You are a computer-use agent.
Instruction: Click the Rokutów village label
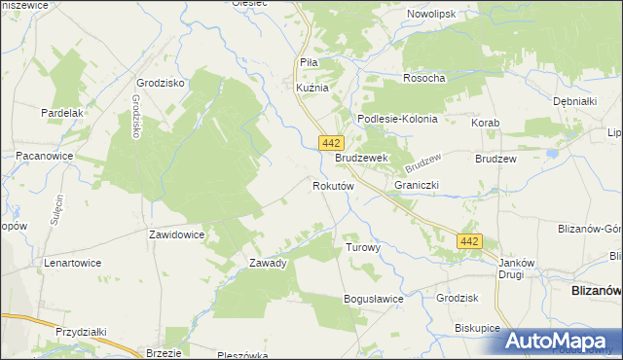[332, 185]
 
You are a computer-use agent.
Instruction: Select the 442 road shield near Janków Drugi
[470, 240]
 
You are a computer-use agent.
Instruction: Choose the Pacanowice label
[47, 156]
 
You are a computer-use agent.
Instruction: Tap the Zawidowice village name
[176, 234]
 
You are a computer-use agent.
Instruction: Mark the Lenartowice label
[74, 263]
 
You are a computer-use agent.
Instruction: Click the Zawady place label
[268, 263]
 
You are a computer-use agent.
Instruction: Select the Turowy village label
[362, 248]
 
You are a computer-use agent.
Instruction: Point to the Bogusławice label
[373, 299]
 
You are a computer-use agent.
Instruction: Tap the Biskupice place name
[477, 328]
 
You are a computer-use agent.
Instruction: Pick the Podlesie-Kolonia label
[397, 119]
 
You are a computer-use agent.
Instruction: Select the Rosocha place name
[423, 78]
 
